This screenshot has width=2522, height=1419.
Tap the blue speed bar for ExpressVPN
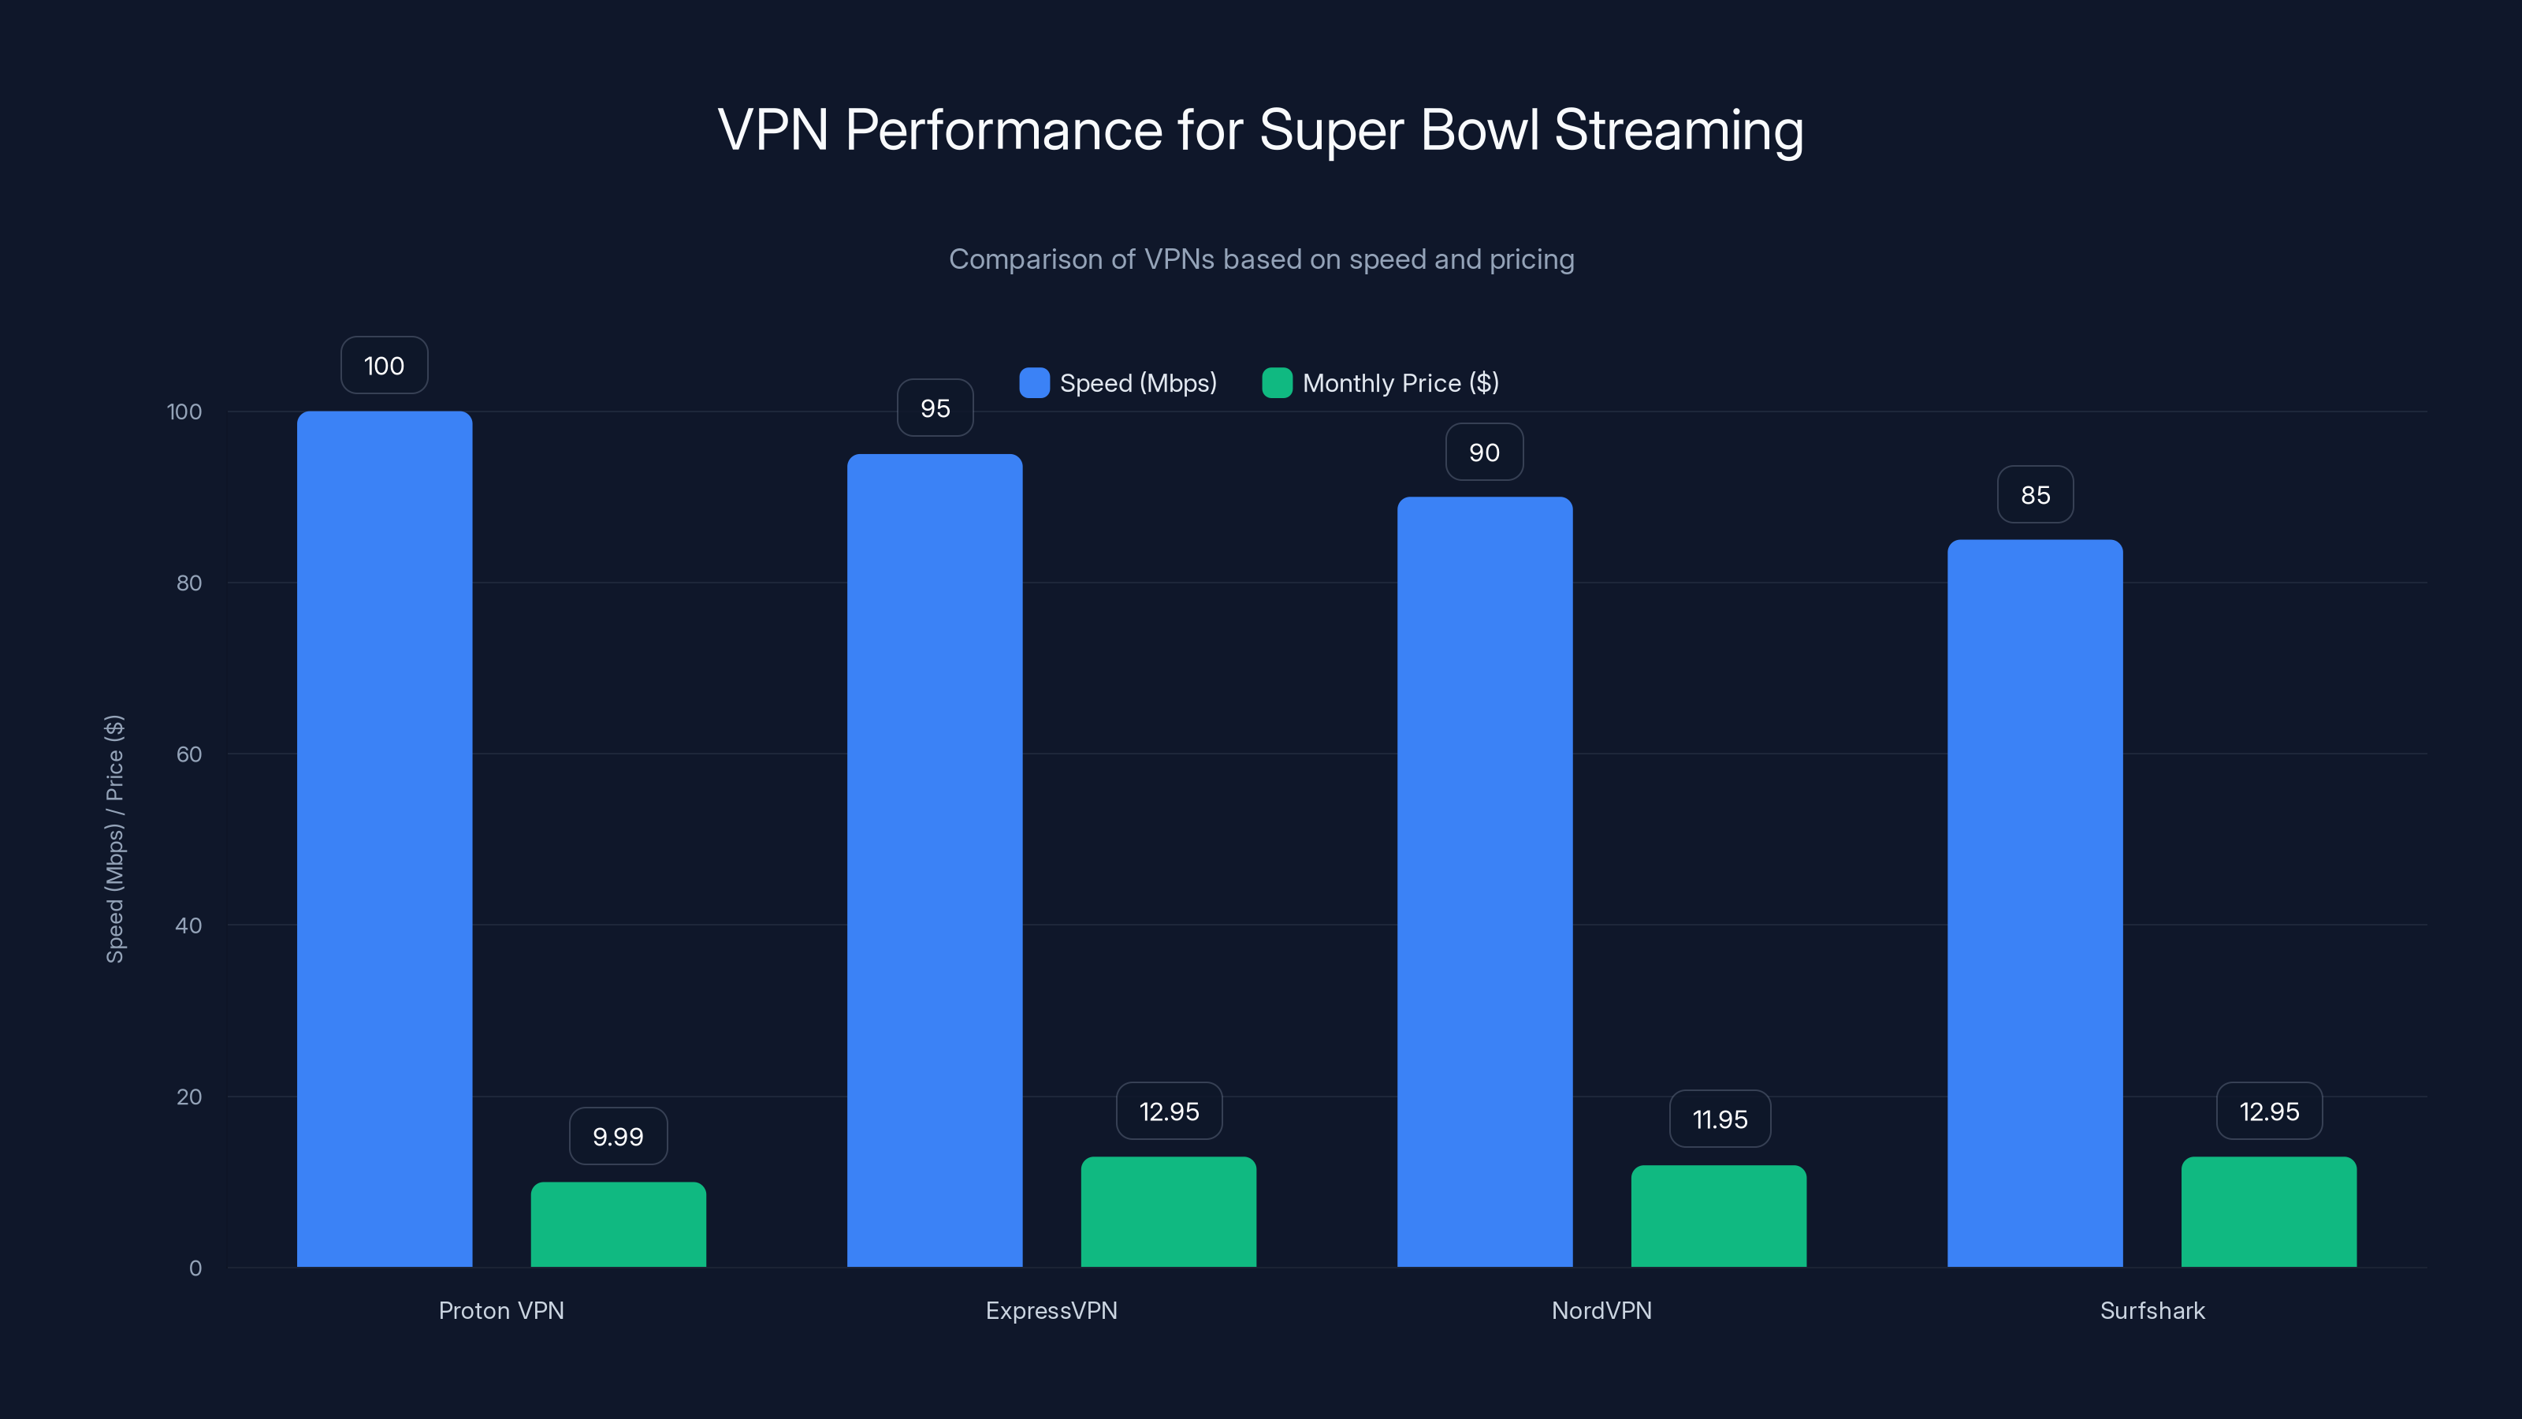click(934, 860)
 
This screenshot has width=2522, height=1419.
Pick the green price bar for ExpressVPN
click(1168, 1212)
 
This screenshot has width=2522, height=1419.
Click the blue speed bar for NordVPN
click(1484, 881)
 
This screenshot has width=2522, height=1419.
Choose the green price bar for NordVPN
click(1718, 1216)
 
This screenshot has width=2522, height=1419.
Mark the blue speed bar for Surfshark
click(2034, 903)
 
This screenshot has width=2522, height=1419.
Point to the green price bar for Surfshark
click(2268, 1212)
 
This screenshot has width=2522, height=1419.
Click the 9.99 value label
click(618, 1136)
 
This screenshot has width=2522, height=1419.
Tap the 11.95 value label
click(1719, 1119)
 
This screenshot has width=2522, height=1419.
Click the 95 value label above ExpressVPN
click(935, 408)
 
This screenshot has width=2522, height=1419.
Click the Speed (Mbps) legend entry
click(1118, 383)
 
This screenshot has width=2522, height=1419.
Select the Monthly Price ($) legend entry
click(1381, 383)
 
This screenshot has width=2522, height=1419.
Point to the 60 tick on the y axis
click(189, 754)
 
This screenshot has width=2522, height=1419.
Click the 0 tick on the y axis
click(195, 1268)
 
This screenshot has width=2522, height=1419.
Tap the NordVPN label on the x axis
click(1601, 1310)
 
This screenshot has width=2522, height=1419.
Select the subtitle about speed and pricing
click(1261, 259)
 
